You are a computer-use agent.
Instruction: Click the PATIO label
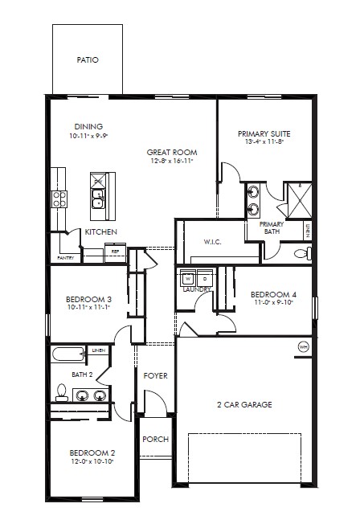pyautogui.click(x=88, y=59)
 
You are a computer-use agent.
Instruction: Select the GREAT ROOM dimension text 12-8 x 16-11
pyautogui.click(x=171, y=162)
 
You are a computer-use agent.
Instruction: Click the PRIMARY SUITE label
pyautogui.click(x=264, y=133)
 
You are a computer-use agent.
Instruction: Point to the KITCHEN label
pyautogui.click(x=101, y=232)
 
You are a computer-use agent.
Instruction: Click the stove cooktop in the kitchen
pyautogui.click(x=59, y=199)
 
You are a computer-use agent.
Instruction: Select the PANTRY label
pyautogui.click(x=65, y=258)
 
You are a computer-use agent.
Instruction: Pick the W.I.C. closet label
pyautogui.click(x=213, y=241)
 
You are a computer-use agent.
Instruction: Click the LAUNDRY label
pyautogui.click(x=196, y=289)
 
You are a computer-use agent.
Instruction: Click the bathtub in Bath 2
pyautogui.click(x=69, y=355)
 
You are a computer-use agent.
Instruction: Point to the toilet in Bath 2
pyautogui.click(x=60, y=392)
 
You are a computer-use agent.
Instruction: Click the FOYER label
pyautogui.click(x=155, y=376)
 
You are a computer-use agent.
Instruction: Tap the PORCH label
pyautogui.click(x=154, y=440)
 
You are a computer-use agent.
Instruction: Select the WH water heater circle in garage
pyautogui.click(x=302, y=346)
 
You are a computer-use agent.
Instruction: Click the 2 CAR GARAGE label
pyautogui.click(x=244, y=404)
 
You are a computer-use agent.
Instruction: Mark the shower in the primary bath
pyautogui.click(x=297, y=201)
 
